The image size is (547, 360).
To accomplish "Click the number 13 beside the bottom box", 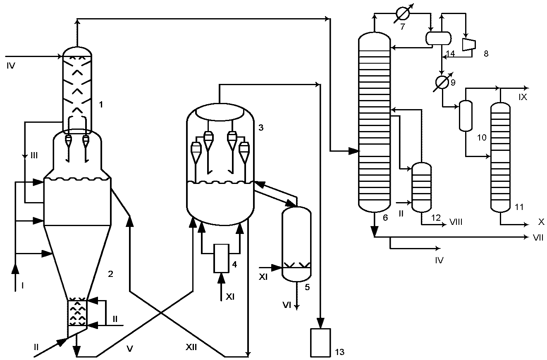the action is pos(339,352).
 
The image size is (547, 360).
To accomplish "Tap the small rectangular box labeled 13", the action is pos(320,343).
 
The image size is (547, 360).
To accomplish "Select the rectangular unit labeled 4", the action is pos(222,258).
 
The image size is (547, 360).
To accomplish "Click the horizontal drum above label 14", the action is pos(439,38).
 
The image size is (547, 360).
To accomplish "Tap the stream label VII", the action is pos(538,238).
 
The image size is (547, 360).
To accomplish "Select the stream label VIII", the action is pos(456,222).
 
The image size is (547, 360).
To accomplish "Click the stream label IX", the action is pos(523,97).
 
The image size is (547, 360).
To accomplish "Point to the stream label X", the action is pos(541,222).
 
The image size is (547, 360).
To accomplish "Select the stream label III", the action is pos(34,155).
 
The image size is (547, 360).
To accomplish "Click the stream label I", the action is pos(22,286).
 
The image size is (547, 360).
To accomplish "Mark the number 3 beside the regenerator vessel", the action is pos(261,127).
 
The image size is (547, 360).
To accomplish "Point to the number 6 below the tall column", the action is pos(385,218).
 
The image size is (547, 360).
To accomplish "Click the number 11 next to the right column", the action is pos(519,207).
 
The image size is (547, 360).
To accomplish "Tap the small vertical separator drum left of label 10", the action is pos(466,116).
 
